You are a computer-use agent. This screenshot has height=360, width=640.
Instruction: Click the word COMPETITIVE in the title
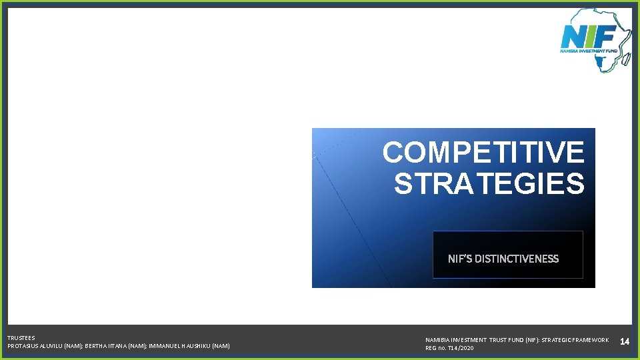coord(483,153)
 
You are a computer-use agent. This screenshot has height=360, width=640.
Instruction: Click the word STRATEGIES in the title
coord(489,184)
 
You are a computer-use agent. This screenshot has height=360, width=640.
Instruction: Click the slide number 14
coord(625,342)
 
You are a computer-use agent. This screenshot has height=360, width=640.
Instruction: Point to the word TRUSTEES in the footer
coord(21,338)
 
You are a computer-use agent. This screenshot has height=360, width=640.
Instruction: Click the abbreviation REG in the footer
coord(431,348)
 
